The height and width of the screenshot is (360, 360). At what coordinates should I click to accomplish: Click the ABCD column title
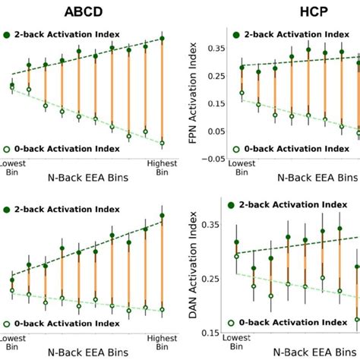pos(95,12)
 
